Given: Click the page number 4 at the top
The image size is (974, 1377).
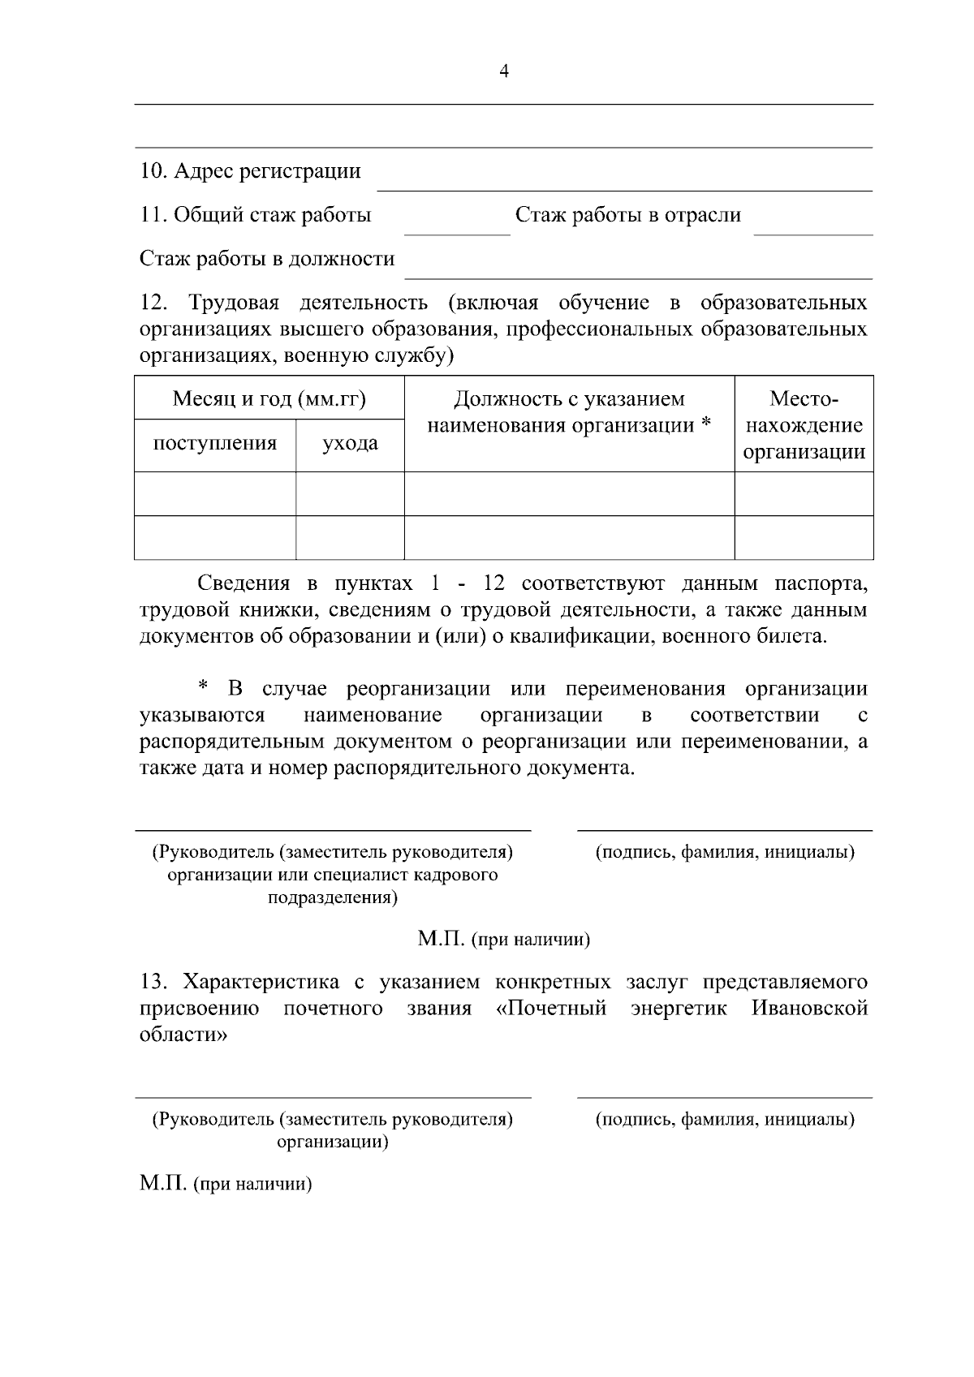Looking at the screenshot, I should tap(503, 71).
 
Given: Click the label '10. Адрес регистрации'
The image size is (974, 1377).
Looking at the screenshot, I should tap(250, 171).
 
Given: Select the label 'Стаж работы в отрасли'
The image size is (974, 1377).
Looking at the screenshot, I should tap(627, 215).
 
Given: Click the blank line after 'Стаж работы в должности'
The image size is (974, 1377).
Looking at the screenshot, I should tap(638, 272).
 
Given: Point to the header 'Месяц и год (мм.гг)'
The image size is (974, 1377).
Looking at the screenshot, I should tap(269, 398).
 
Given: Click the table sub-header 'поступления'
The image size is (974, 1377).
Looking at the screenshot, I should tap(215, 443).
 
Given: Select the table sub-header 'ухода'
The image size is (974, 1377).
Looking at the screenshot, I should tap(350, 444).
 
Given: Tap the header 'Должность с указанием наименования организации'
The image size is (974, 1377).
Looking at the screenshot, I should tap(569, 411).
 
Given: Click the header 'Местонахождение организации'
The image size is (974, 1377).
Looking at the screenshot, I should tap(804, 425).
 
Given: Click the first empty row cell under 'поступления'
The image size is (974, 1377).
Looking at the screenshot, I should tap(215, 493).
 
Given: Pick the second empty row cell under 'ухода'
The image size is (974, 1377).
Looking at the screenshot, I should tap(350, 537).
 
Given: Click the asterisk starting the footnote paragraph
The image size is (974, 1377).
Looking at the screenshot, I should tap(204, 688).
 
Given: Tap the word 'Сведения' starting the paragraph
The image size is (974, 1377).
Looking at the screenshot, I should tap(243, 583).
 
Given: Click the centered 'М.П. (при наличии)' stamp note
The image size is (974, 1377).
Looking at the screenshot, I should tap(503, 940).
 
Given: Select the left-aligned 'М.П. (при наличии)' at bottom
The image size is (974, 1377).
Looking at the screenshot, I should tap(226, 1184).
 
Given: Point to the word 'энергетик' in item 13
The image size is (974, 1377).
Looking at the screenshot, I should tap(679, 1009).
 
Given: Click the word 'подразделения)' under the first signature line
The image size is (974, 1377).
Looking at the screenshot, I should tap(333, 897).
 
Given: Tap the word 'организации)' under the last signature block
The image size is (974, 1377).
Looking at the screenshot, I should tap(333, 1142).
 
